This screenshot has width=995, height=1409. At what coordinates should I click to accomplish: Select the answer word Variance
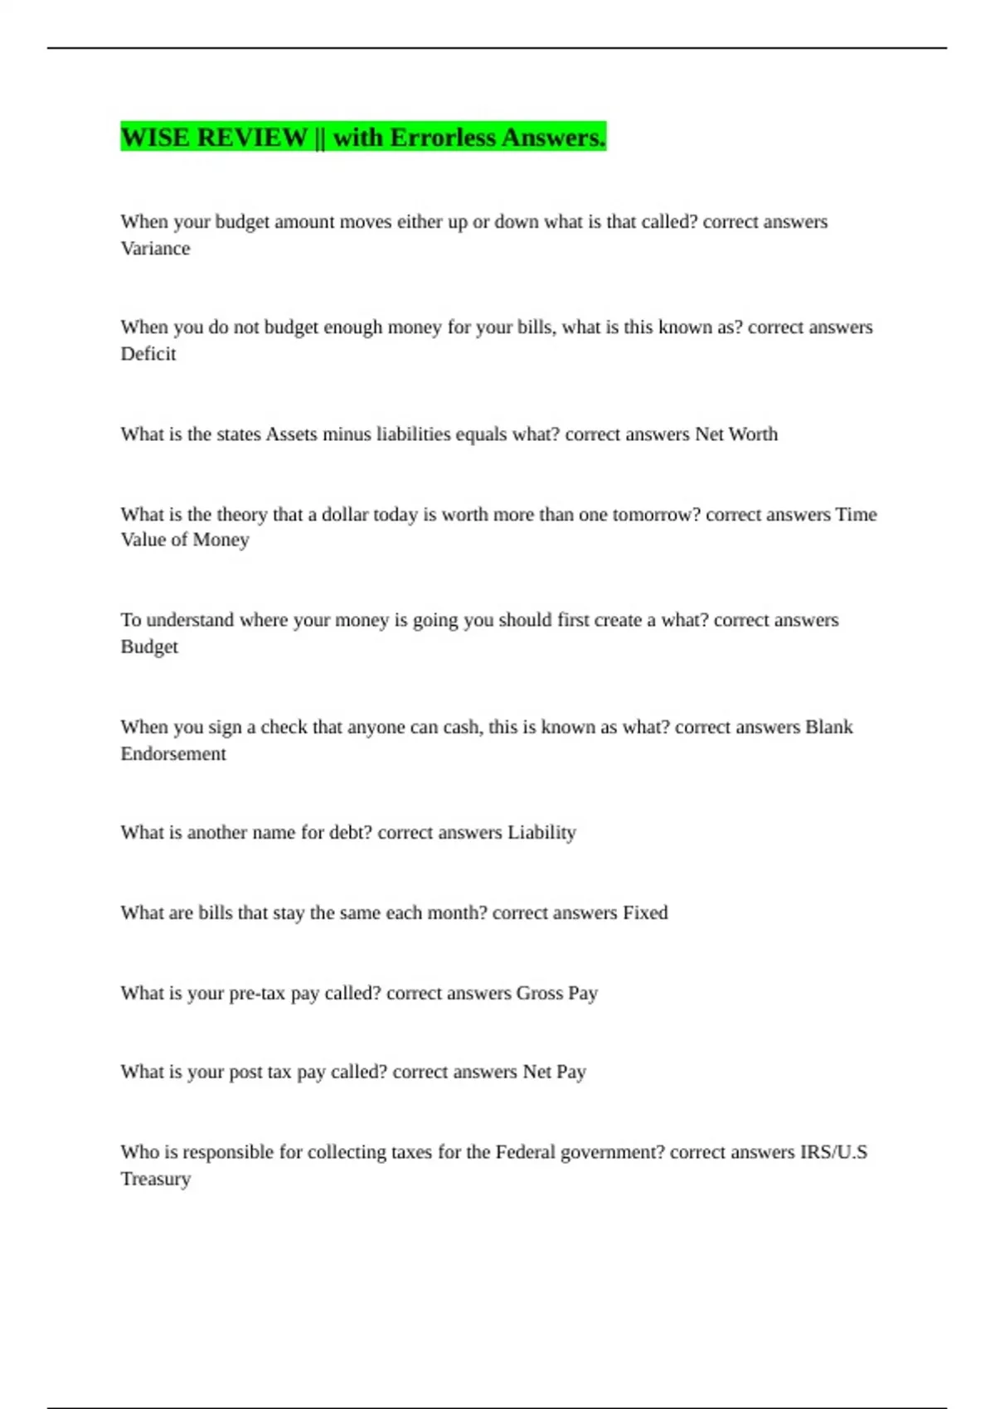click(x=155, y=249)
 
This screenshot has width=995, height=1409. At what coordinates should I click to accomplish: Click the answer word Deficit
click(x=148, y=354)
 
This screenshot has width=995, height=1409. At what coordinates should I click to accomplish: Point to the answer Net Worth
click(x=736, y=434)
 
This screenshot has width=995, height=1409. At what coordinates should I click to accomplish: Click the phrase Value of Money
click(x=185, y=540)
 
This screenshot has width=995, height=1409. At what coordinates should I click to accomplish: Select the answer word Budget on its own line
click(x=149, y=646)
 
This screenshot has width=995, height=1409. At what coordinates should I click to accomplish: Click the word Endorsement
click(x=173, y=753)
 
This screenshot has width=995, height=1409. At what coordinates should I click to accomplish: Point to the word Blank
click(x=829, y=727)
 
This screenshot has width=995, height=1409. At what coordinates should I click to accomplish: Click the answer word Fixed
click(x=645, y=913)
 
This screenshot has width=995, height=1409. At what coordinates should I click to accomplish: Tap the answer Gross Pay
click(x=557, y=993)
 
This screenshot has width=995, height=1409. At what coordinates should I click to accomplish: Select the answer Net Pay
click(x=555, y=1072)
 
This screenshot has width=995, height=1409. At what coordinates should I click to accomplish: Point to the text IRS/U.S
click(x=833, y=1152)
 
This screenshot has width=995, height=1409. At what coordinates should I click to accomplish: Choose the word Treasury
click(x=156, y=1179)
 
